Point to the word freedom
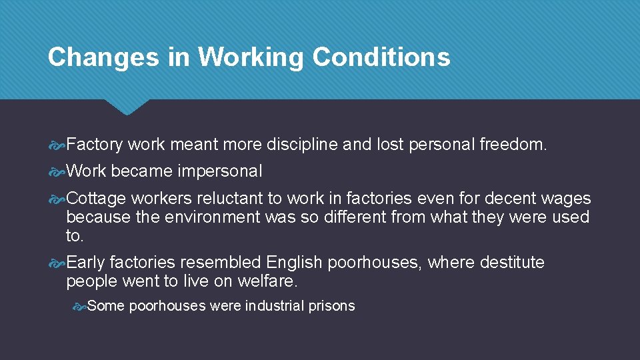click(513, 144)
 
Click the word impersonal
click(220, 171)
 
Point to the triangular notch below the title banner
click(128, 107)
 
